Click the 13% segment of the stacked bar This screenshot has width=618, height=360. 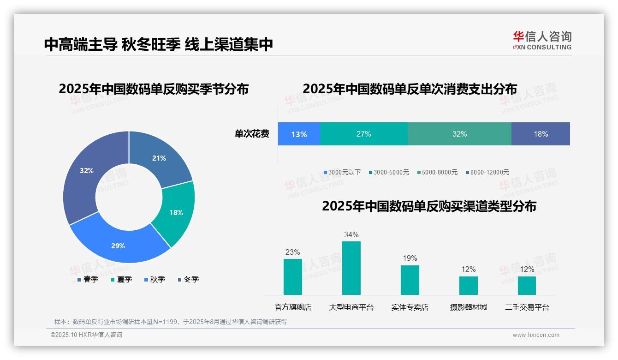pos(299,134)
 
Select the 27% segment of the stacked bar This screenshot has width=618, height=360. pos(363,134)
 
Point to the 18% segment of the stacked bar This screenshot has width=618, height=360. pos(541,134)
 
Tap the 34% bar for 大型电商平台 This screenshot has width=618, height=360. pos(351,268)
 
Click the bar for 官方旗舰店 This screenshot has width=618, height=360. pos(292,277)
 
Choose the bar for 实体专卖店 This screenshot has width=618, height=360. pos(410,280)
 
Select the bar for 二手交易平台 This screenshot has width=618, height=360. pos(527,286)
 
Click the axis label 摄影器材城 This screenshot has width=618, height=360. pos(468,307)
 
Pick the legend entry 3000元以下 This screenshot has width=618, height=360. pos(342,172)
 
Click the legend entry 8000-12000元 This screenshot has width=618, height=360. pos(487,172)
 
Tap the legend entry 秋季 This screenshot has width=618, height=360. pos(155,280)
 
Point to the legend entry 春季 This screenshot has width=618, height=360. pos(88,280)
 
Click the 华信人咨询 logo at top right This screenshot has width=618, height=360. pos(542,40)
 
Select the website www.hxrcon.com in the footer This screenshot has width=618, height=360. pos(536,335)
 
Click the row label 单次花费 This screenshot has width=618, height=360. pos(252,134)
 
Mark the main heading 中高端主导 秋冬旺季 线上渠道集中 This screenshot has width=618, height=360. pos(159,44)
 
